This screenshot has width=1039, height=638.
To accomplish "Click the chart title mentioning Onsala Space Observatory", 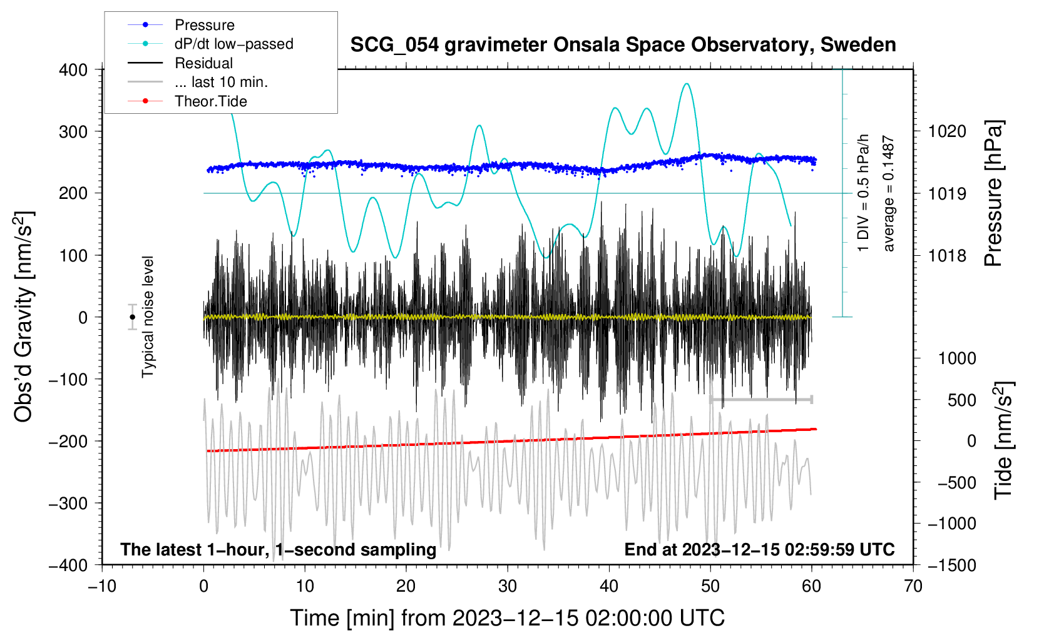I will tap(623, 45).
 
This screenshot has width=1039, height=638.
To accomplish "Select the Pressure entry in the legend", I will tap(204, 25).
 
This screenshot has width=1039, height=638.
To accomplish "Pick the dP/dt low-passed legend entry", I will tap(233, 44).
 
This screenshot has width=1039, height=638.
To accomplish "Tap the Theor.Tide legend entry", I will tap(210, 101).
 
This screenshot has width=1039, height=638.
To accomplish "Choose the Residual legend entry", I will tap(203, 63).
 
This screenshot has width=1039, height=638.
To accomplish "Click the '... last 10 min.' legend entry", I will tap(221, 82).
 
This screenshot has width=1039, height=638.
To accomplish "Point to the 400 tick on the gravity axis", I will tap(74, 69).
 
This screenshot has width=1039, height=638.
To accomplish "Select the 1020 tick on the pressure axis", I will tap(947, 131).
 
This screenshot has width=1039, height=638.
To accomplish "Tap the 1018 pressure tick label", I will tap(947, 255).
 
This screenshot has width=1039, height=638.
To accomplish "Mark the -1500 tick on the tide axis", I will tap(951, 565).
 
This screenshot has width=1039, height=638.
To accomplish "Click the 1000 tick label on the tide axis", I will tap(957, 358).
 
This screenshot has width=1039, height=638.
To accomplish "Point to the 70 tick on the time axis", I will tap(913, 586).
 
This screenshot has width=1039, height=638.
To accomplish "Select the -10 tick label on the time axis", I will tap(102, 586).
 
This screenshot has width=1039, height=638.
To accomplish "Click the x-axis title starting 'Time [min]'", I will tap(507, 618).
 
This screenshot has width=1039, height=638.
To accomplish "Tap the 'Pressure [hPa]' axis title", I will tap(994, 193).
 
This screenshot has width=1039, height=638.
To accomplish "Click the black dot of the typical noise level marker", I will tap(132, 317).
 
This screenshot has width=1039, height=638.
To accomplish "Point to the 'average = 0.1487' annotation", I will tap(889, 194).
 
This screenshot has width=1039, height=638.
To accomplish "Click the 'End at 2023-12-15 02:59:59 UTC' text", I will tap(759, 549).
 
